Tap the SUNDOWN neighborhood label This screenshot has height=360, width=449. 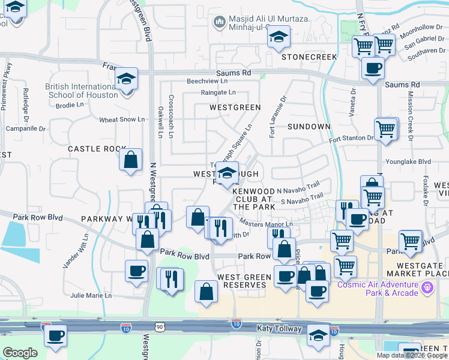(309, 127)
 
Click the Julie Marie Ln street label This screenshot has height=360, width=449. (91, 295)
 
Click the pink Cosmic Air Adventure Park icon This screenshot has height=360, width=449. (427, 288)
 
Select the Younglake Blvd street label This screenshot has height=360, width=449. (408, 161)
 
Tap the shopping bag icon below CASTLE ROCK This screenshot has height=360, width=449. (130, 161)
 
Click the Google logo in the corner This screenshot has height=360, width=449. (20, 353)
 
